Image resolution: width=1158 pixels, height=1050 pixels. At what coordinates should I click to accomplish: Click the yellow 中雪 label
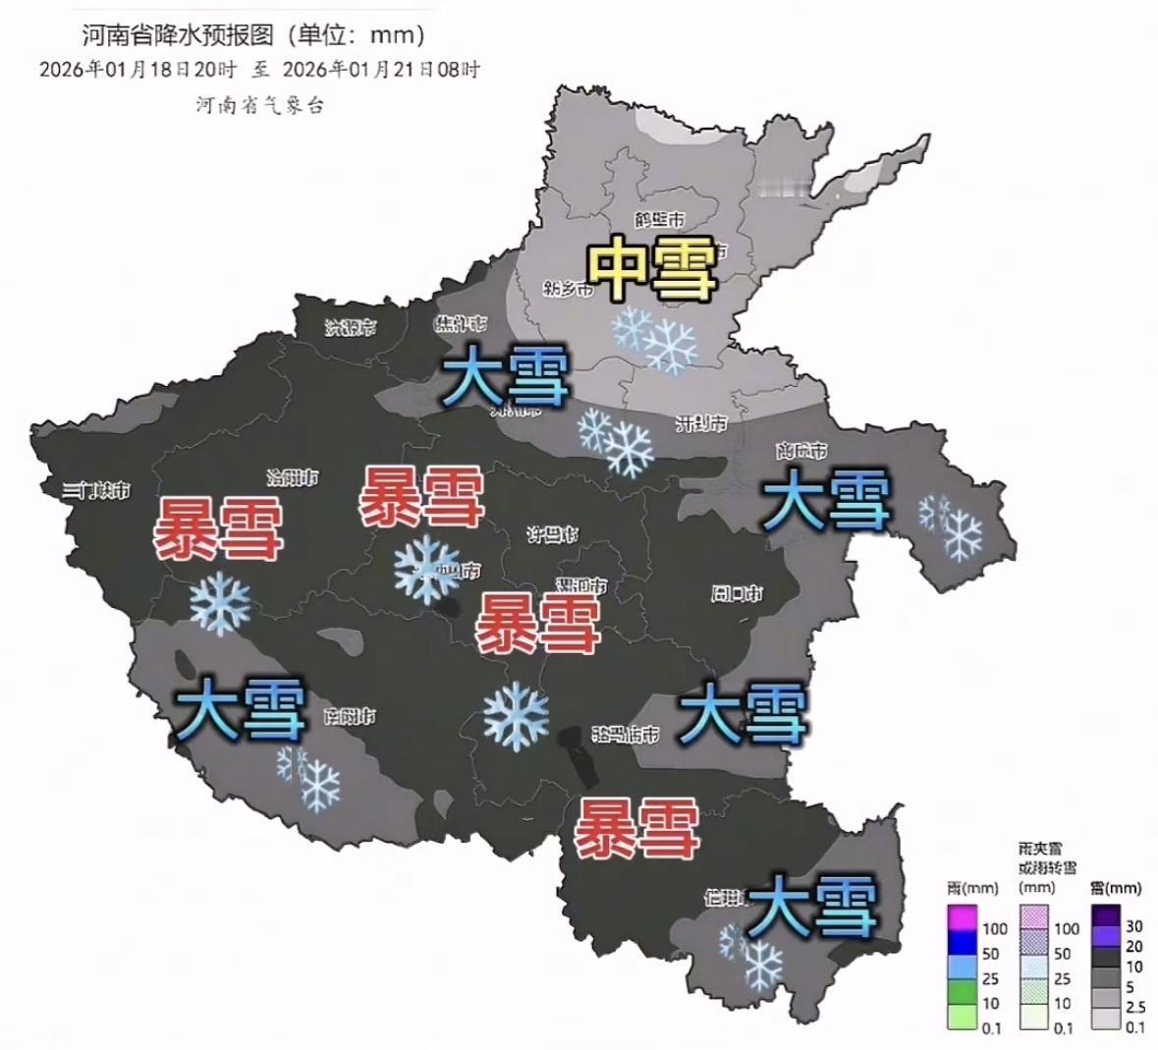[x=650, y=267]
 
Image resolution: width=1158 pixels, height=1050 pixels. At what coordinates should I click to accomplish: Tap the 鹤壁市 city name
[x=659, y=220]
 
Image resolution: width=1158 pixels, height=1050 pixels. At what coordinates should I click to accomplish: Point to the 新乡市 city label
[x=568, y=289]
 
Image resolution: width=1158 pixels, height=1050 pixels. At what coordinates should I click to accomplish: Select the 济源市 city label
[x=351, y=328]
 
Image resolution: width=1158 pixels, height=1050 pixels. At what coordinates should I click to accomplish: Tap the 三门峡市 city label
[x=95, y=490]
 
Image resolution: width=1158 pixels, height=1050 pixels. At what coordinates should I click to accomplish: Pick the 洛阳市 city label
[x=293, y=478]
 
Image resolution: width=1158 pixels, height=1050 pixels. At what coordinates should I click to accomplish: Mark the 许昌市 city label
[x=552, y=535]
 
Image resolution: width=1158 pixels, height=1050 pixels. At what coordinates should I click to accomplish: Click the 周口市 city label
[x=737, y=593]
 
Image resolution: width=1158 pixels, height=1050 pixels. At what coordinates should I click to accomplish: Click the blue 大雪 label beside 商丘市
[x=827, y=499]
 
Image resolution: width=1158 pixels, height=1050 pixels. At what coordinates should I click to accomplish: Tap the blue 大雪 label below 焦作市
[x=505, y=378]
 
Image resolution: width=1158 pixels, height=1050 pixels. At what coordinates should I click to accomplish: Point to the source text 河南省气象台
[x=259, y=105]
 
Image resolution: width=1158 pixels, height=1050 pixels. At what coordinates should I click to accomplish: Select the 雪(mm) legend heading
[x=1116, y=888]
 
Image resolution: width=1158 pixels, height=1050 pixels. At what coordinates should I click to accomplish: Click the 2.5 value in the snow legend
[x=1134, y=1008]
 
